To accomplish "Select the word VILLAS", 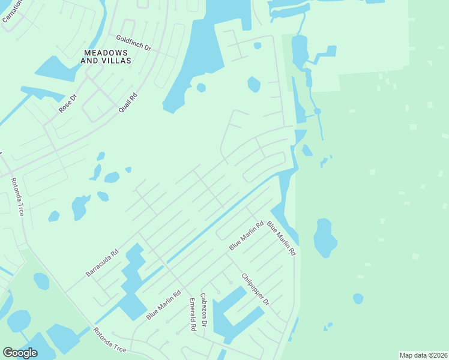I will (117, 61).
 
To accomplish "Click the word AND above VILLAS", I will (90, 61).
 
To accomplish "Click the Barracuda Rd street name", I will (102, 262).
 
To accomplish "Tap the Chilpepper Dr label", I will (255, 289).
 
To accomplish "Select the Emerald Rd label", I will (193, 314).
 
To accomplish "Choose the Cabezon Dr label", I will (204, 310).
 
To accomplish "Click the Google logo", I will (20, 353).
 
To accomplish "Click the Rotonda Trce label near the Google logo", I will (110, 340).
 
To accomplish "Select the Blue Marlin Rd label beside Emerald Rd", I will (163, 305).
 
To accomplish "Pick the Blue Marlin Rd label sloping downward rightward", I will (282, 238).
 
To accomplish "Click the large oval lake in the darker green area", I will (325, 238).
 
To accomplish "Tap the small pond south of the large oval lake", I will (358, 298).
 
